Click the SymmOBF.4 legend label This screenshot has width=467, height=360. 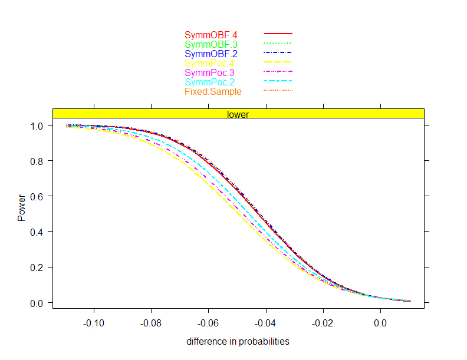point(211,35)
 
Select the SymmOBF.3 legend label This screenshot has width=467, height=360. point(211,44)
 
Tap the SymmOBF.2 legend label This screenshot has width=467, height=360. point(211,54)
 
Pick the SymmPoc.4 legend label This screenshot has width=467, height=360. point(210,63)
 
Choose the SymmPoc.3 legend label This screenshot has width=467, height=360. point(210,72)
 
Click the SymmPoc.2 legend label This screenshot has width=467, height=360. point(210,82)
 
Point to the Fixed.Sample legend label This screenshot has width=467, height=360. point(213,91)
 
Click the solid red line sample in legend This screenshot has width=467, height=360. point(277,34)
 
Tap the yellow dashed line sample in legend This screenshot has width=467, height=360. point(277,62)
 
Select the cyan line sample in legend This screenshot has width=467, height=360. point(277,81)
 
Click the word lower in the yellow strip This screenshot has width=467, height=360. point(238,114)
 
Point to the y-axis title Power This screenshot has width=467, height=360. point(22,209)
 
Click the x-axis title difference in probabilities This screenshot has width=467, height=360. point(238,342)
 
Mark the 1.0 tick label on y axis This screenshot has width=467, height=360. point(37,125)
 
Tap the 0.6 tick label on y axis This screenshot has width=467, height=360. point(37,196)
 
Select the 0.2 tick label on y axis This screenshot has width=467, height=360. point(37,267)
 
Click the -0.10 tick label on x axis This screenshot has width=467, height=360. point(93,323)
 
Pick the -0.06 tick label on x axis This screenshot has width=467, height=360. point(208,323)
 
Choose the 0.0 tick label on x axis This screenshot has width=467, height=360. point(380,323)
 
